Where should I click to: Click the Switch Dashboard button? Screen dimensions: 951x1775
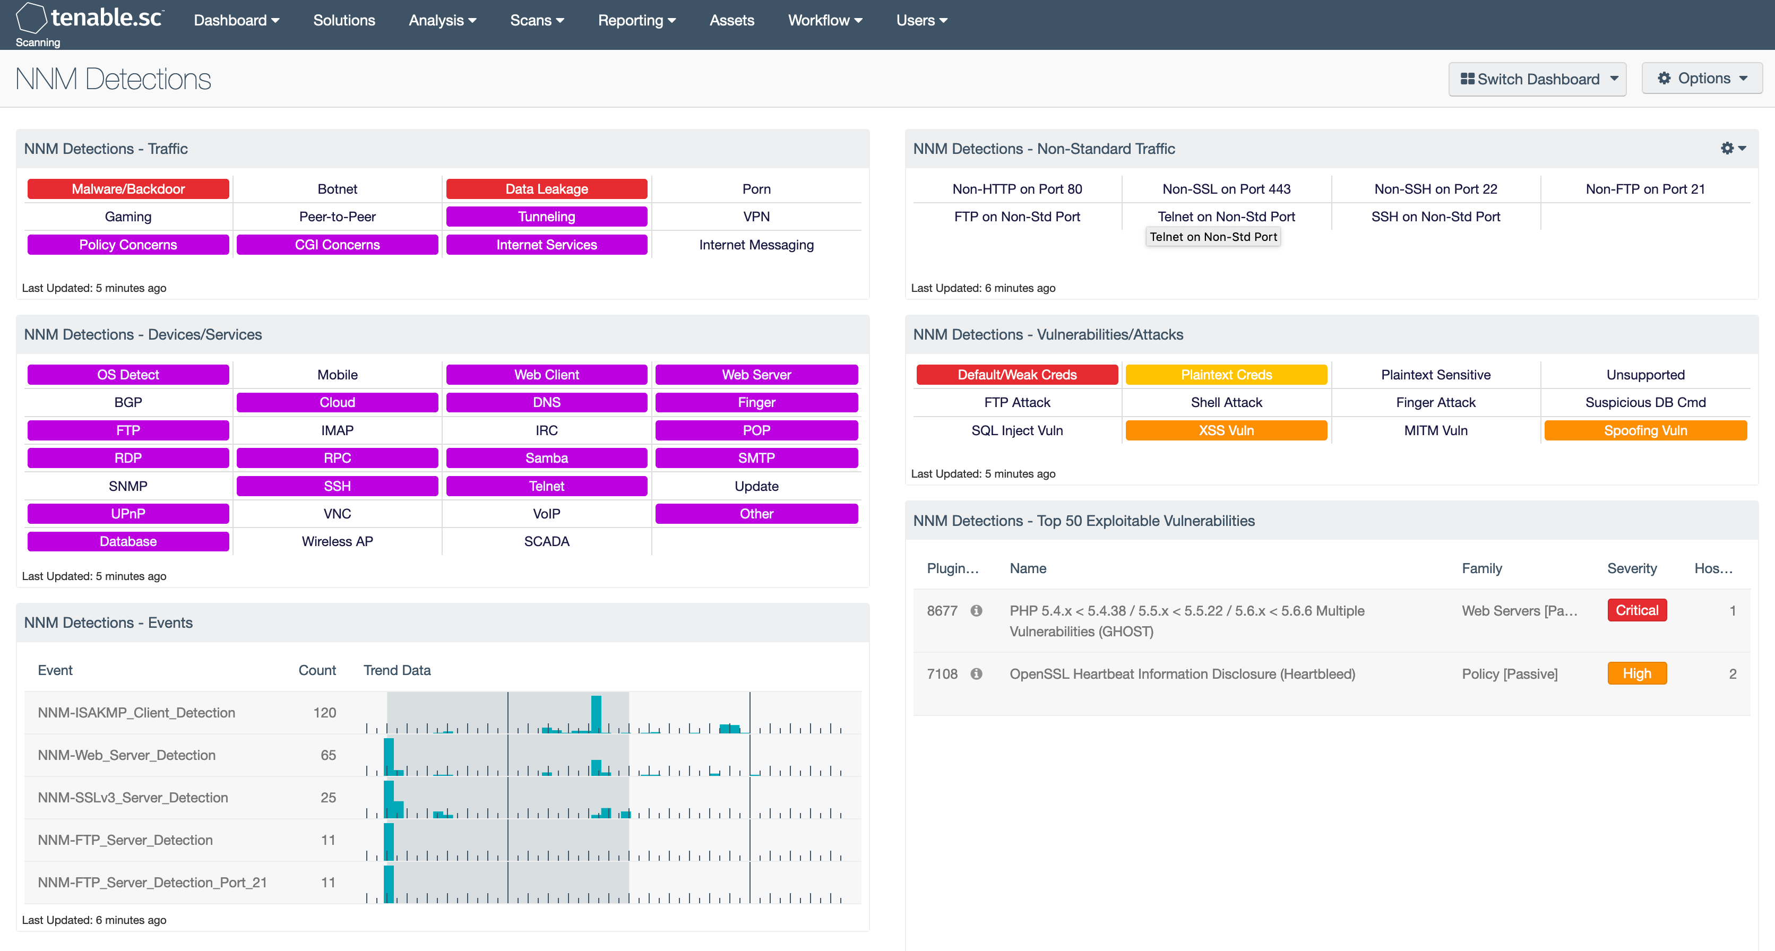1537,79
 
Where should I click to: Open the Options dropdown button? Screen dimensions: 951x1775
1701,79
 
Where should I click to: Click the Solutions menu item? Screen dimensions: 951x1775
344,21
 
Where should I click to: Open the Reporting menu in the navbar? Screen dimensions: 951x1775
636,21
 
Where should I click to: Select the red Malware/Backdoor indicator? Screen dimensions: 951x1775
128,189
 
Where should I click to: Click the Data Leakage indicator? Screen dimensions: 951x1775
546,189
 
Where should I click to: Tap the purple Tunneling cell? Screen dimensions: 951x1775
546,217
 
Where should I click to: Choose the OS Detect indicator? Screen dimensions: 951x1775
128,375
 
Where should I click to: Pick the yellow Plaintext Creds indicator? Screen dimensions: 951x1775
1226,375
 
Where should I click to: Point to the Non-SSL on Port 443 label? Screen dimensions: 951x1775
1226,189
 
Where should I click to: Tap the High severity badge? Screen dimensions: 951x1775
1636,674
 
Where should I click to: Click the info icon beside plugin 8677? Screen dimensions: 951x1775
976,611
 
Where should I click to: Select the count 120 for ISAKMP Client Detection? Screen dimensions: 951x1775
324,713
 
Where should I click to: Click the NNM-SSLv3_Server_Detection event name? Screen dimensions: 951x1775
132,797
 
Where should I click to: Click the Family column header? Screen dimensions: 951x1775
1481,568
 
